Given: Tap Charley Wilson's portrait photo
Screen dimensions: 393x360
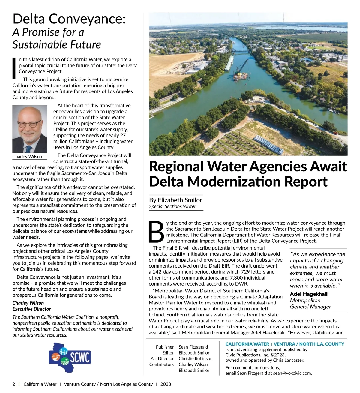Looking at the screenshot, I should [x=30, y=129].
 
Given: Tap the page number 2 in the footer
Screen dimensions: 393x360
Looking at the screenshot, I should [x=14, y=384].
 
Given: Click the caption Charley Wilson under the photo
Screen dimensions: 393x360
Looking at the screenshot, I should [x=27, y=157].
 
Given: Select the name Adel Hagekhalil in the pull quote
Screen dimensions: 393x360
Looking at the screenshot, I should [x=309, y=294].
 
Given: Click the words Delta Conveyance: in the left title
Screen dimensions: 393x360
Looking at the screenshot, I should [x=69, y=19].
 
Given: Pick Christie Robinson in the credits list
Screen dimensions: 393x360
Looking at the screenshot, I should [x=196, y=358].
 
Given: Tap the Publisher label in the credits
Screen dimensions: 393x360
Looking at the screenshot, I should [x=165, y=347].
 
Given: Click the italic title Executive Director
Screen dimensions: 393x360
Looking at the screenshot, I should [x=31, y=309].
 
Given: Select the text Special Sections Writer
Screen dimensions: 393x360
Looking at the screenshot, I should [x=172, y=206].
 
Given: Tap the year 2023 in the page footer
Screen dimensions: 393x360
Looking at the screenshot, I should [x=166, y=384].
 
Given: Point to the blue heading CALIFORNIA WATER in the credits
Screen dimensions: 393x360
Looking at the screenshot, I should [x=247, y=344].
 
